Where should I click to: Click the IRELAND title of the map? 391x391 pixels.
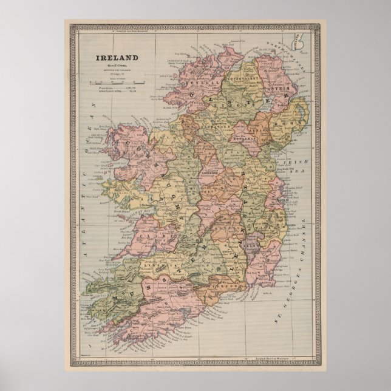[117, 58]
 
